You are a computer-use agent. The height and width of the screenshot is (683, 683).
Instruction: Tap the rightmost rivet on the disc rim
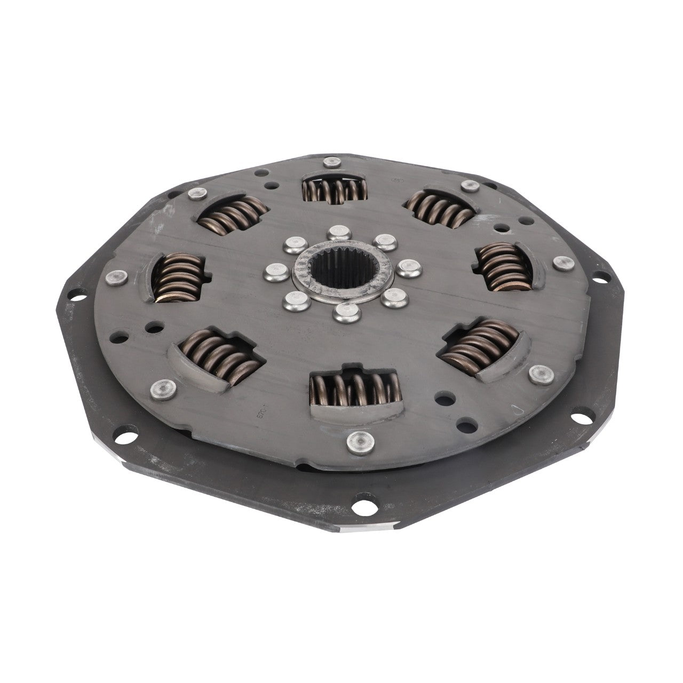click(562, 263)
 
